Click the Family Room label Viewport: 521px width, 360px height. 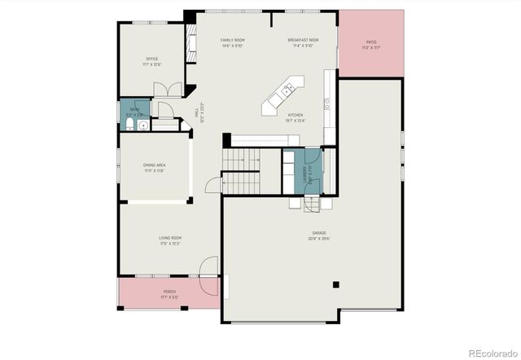(233, 42)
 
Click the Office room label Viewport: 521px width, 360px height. (152, 61)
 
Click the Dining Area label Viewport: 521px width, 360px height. (155, 168)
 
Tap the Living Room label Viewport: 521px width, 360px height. (169, 240)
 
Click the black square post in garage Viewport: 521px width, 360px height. (336, 284)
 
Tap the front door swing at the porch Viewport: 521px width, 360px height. (208, 270)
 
